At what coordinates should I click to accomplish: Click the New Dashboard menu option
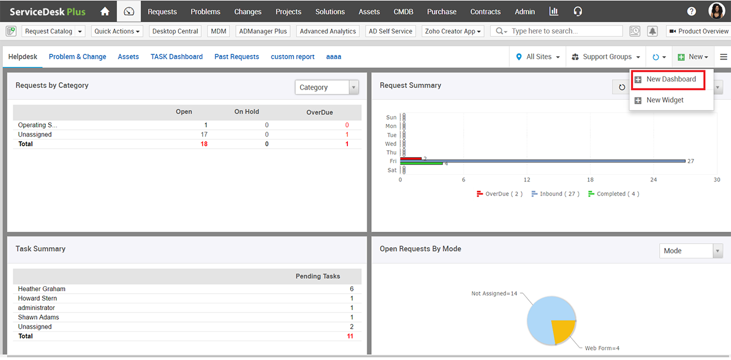(670, 79)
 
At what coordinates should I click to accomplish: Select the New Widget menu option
(665, 100)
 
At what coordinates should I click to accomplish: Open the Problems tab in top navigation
(205, 11)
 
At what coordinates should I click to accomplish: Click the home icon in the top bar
(105, 11)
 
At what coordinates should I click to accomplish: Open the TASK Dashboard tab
(176, 57)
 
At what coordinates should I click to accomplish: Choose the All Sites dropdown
(538, 57)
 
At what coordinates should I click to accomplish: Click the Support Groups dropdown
(606, 57)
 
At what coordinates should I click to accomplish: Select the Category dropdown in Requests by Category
(326, 87)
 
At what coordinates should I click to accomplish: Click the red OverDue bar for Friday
(411, 158)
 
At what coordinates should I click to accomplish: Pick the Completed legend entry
(614, 194)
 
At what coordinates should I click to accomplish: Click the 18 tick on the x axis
(590, 180)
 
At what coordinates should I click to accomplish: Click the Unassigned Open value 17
(204, 134)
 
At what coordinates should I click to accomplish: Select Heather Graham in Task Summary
(41, 289)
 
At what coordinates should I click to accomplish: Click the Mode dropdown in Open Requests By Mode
(691, 251)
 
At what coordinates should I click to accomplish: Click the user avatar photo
(716, 11)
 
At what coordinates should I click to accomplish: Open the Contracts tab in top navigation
(485, 11)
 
